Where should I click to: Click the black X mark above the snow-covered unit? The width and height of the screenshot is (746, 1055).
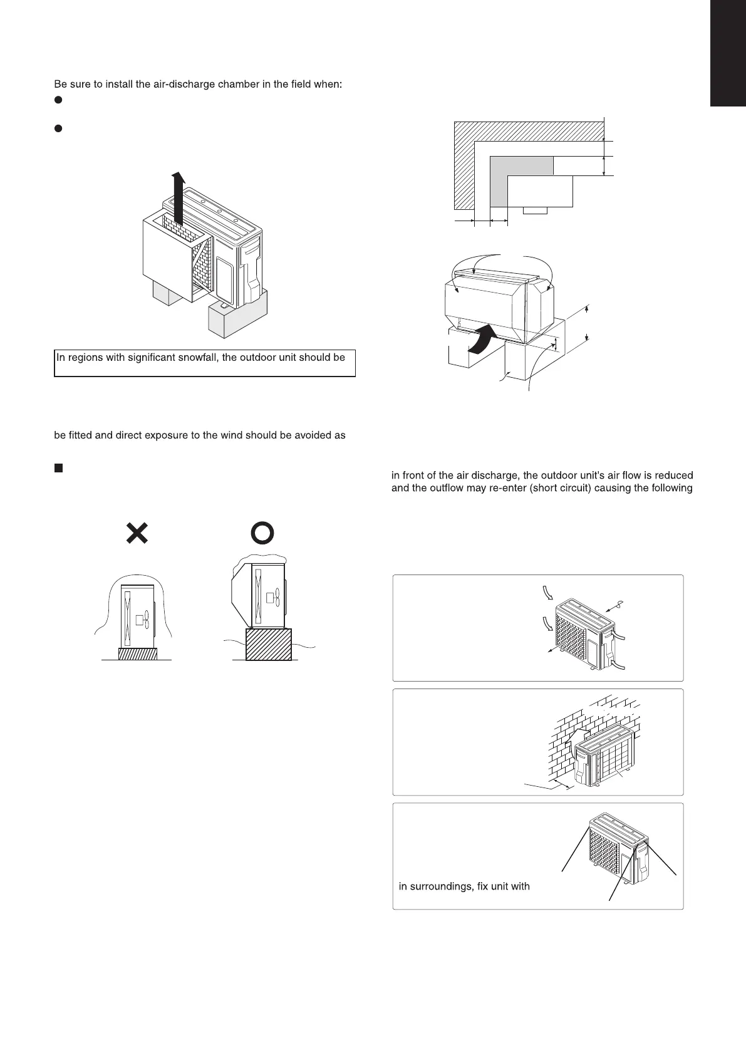point(137,533)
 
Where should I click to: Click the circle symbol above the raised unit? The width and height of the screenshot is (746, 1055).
point(262,533)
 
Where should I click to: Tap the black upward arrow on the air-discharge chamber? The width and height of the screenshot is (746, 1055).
point(178,199)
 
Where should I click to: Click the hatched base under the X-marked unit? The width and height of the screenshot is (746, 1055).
point(138,653)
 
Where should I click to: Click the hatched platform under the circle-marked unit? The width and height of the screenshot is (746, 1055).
point(269,644)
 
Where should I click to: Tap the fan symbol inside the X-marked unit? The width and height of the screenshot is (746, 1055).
point(143,620)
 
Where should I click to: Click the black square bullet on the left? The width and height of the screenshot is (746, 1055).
point(58,468)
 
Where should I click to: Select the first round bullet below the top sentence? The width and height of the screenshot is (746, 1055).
point(58,100)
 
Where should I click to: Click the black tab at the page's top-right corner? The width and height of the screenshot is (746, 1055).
point(728,53)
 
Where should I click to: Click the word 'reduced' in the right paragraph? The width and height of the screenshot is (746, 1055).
point(673,476)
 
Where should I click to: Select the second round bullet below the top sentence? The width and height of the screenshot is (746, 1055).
point(58,128)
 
